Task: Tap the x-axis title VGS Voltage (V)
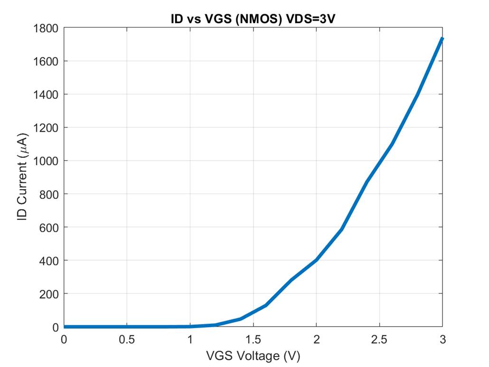click(254, 356)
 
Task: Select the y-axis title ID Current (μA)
click(22, 177)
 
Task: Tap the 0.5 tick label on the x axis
click(127, 339)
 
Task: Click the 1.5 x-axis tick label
click(253, 339)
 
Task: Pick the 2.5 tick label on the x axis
click(379, 339)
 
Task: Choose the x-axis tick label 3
click(442, 339)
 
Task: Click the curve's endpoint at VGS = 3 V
click(442, 39)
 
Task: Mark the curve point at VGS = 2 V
click(316, 260)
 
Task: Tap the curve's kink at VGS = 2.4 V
click(367, 182)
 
